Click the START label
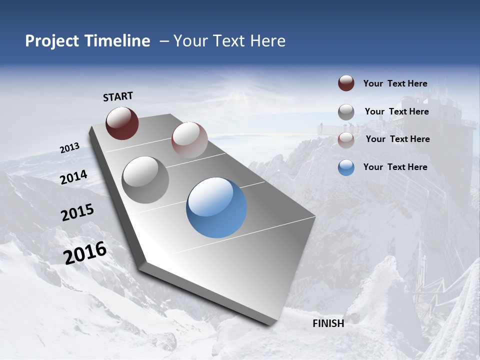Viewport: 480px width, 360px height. pos(118,96)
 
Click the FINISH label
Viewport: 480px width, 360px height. pos(328,323)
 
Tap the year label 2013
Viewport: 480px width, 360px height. pos(70,148)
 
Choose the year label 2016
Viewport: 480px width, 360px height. pos(85,253)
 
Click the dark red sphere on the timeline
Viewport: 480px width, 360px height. pos(122,123)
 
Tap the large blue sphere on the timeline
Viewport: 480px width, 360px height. pos(216,207)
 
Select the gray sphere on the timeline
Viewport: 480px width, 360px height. pos(145,179)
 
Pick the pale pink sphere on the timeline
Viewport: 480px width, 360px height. pos(189,140)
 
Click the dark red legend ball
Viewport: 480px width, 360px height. pos(346,83)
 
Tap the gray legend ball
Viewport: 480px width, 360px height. pos(346,112)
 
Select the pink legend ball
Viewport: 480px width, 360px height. pos(346,139)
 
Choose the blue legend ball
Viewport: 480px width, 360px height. pos(346,167)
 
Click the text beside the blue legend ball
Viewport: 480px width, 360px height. pos(395,167)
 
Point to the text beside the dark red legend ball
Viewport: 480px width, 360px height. pos(395,83)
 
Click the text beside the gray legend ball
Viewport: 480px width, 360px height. pos(396,111)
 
